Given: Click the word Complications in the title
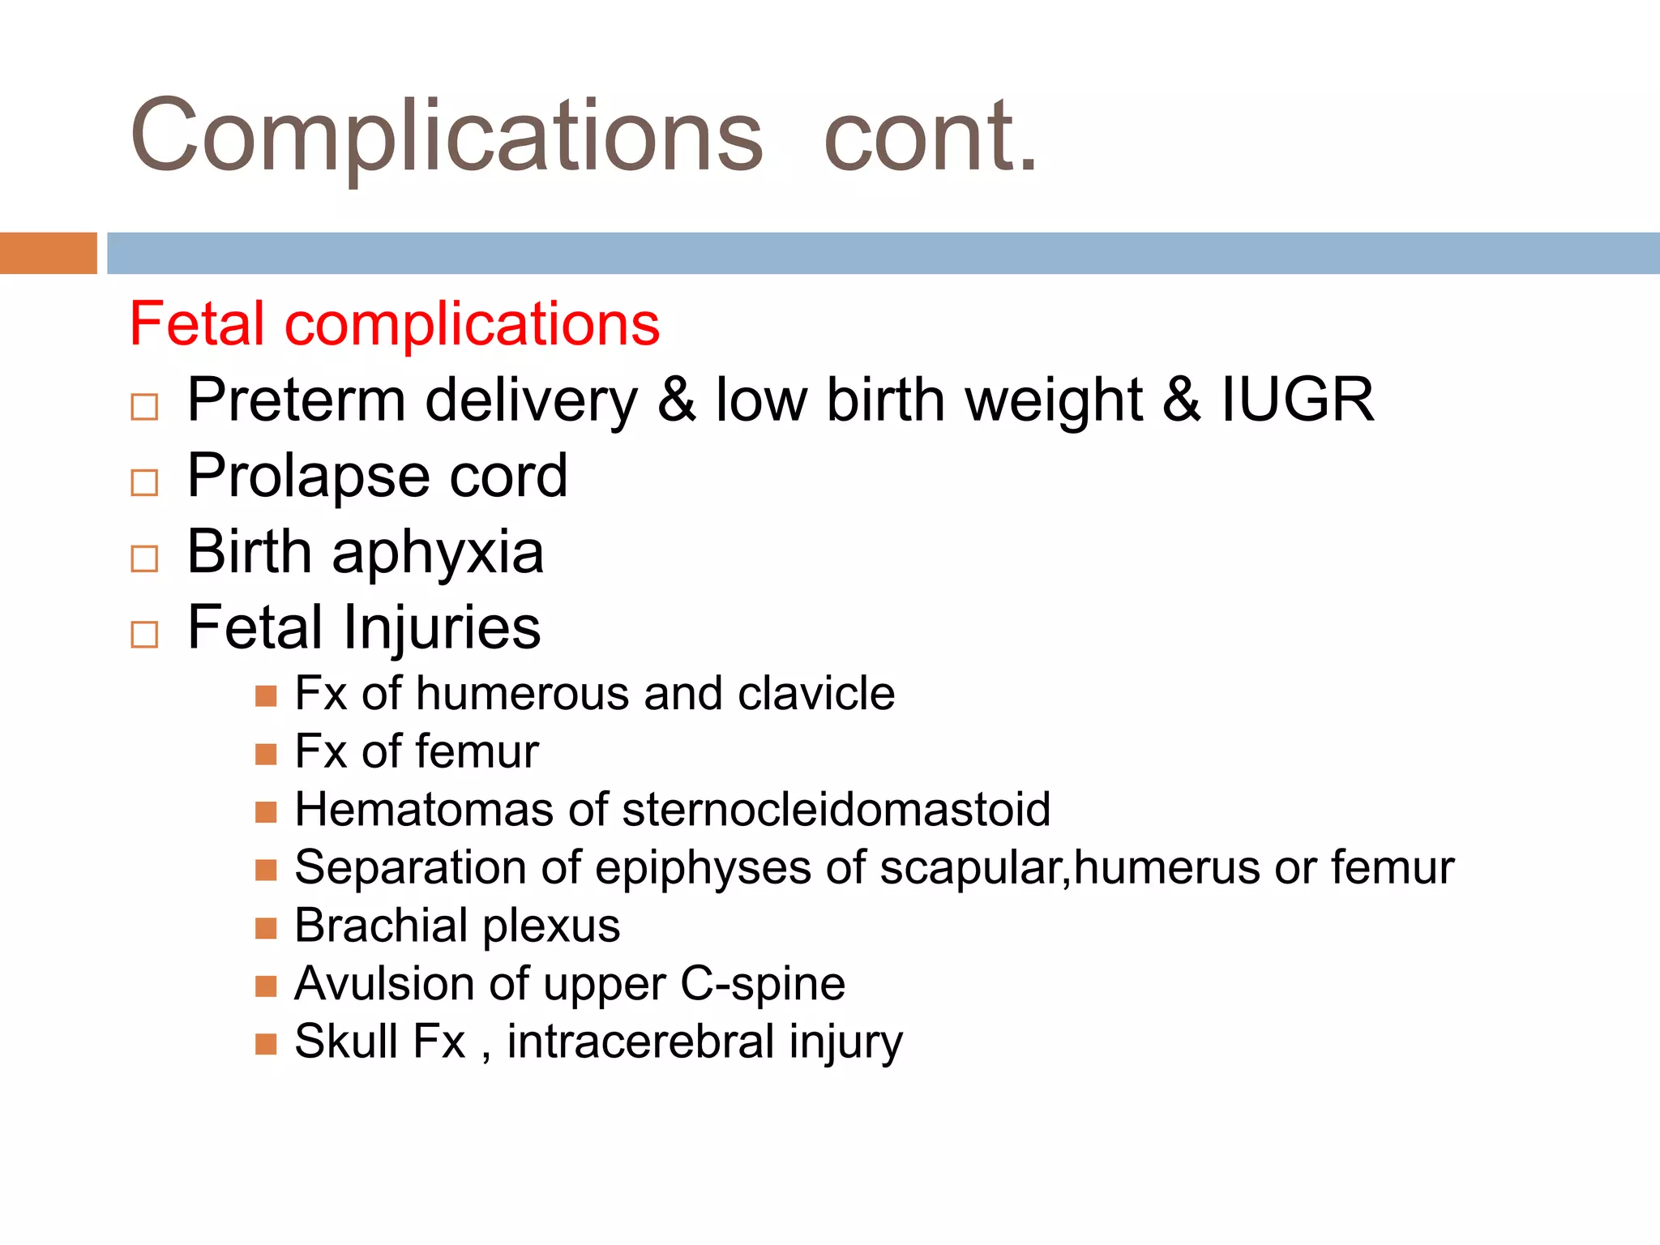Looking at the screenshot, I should tap(446, 136).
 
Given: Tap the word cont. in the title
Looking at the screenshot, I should tap(930, 136).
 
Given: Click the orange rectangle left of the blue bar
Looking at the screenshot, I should tap(48, 253).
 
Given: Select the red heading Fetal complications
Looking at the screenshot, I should tap(395, 324).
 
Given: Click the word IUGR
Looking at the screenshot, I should tap(1297, 400).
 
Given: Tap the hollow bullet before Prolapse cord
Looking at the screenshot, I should tap(144, 482).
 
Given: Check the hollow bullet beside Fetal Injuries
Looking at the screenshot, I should tap(144, 634).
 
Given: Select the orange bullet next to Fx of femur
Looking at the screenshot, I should tap(266, 754).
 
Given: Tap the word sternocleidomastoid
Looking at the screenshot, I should tap(836, 809).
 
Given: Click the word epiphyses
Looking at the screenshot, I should tap(703, 868).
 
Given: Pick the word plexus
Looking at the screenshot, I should tap(551, 926).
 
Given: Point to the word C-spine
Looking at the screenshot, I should tap(763, 984).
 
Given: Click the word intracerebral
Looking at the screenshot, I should tap(640, 1042).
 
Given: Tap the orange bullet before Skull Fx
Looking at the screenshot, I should tap(266, 1043).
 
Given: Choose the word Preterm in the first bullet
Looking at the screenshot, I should tap(296, 400).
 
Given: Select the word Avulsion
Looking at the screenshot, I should tap(384, 984).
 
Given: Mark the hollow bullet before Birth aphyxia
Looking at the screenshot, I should tap(144, 558).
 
